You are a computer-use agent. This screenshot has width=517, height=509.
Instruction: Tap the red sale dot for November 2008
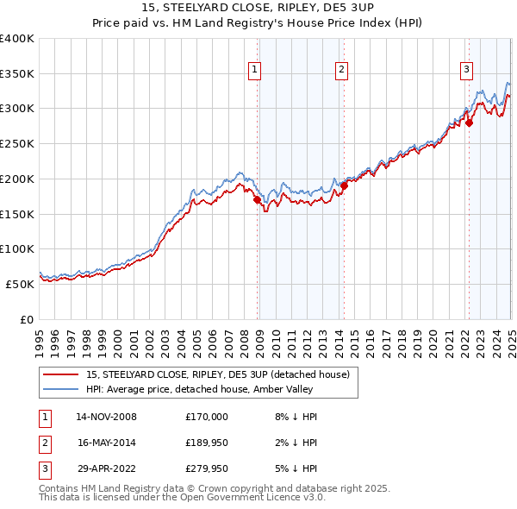point(257,199)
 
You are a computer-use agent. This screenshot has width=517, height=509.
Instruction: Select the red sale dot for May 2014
point(344,185)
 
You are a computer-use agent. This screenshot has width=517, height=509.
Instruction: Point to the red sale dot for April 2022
point(469,123)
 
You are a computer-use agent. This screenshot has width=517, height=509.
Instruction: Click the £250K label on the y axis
point(17,143)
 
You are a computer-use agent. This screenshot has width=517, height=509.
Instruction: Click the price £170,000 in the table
point(206,417)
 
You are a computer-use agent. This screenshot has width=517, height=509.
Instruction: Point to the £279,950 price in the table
point(206,470)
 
